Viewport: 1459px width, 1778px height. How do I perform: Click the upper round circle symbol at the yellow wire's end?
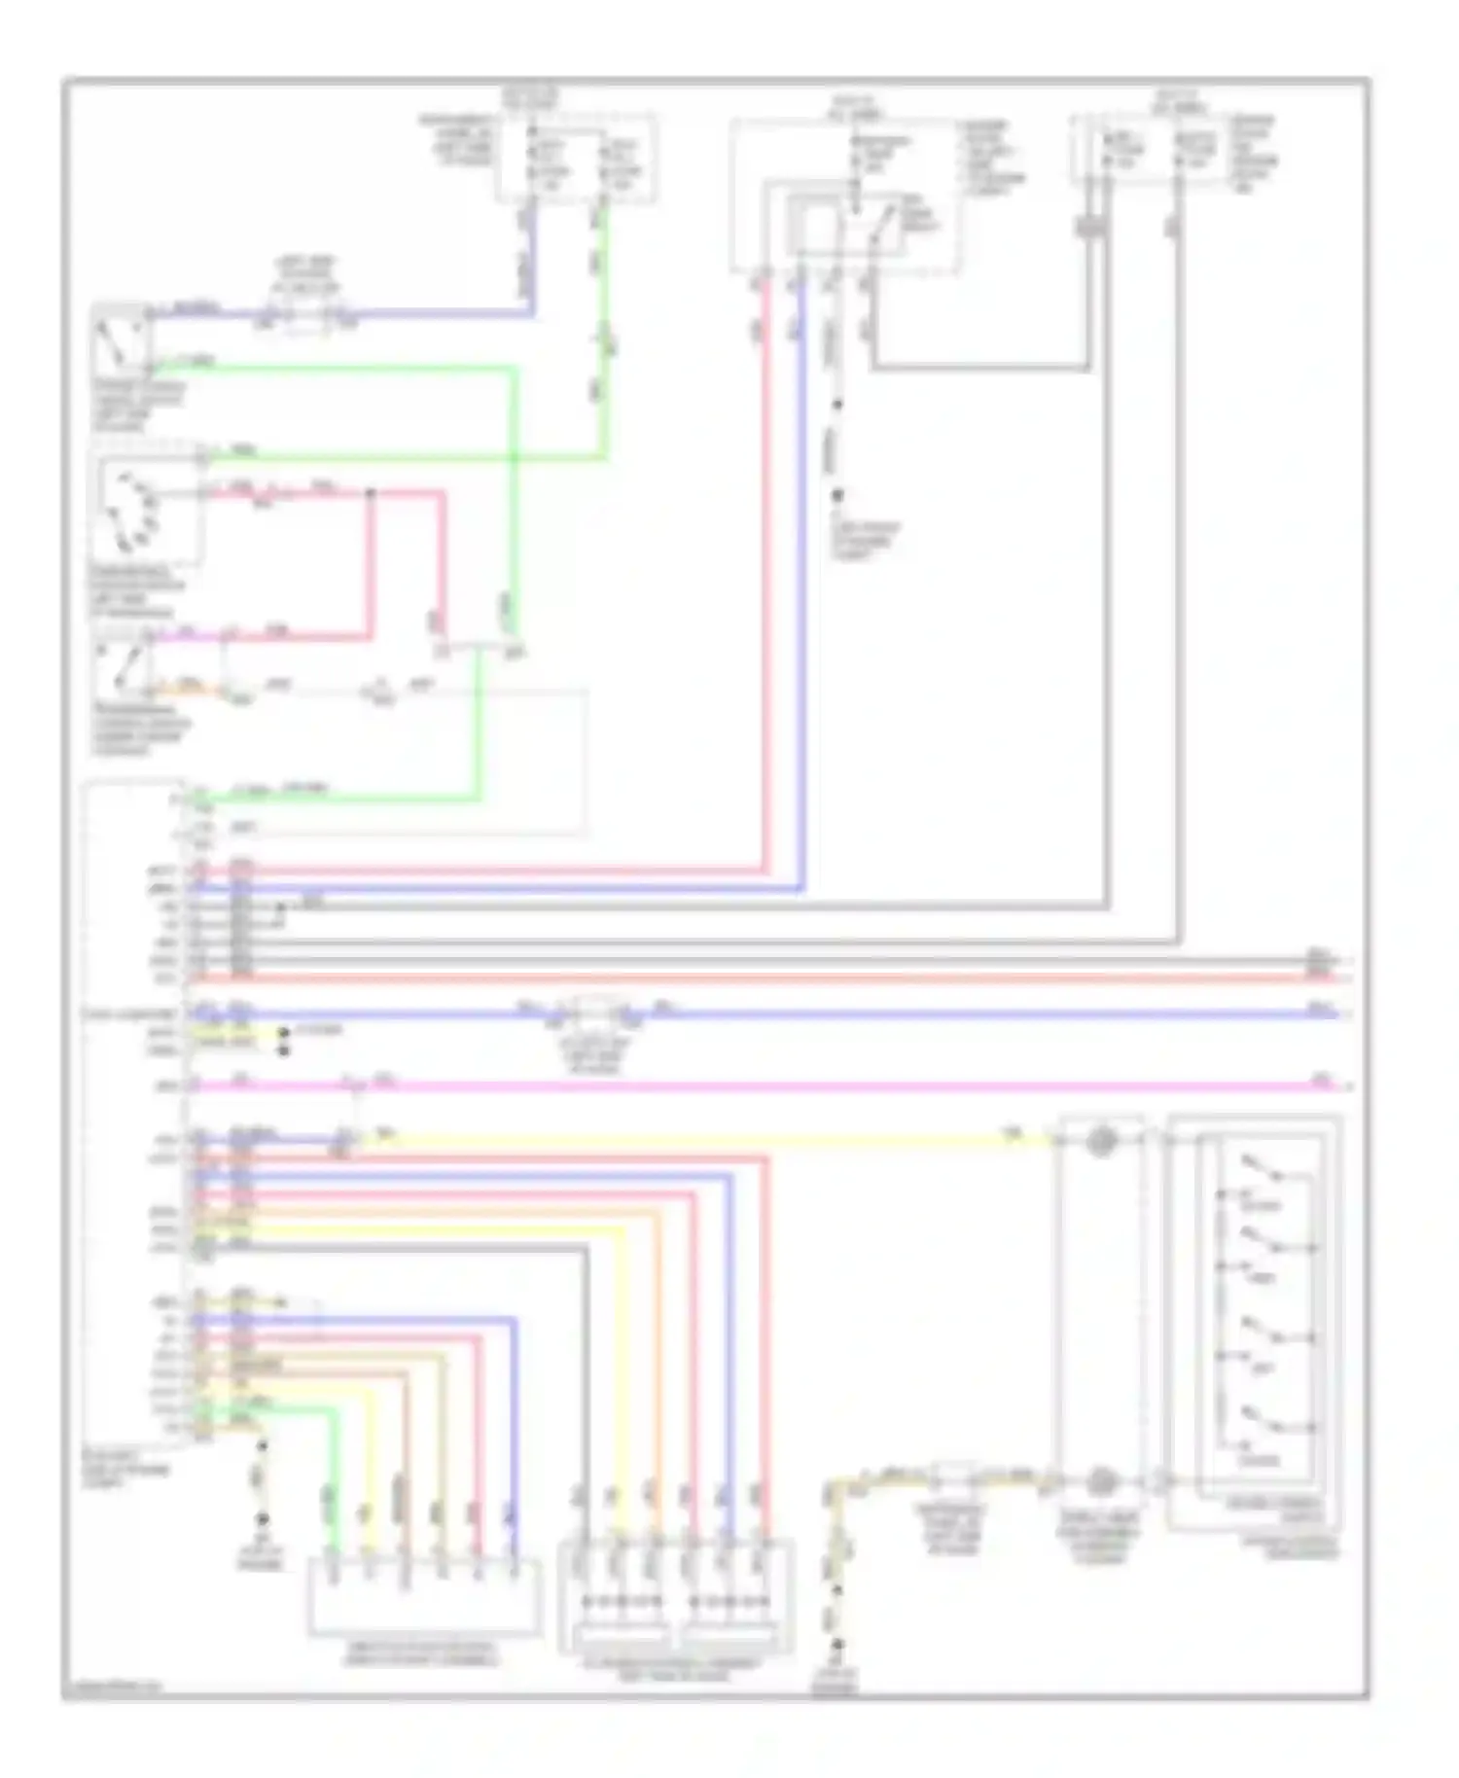1100,1140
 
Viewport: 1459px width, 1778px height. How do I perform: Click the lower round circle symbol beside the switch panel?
1100,1480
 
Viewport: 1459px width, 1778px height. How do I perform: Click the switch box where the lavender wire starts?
122,338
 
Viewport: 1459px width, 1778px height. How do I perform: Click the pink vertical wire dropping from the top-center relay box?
765,584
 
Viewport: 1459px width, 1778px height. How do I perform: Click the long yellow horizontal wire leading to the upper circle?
681,1140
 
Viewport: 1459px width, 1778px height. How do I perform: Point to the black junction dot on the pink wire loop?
371,494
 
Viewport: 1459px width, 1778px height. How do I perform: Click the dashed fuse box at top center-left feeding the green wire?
576,159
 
